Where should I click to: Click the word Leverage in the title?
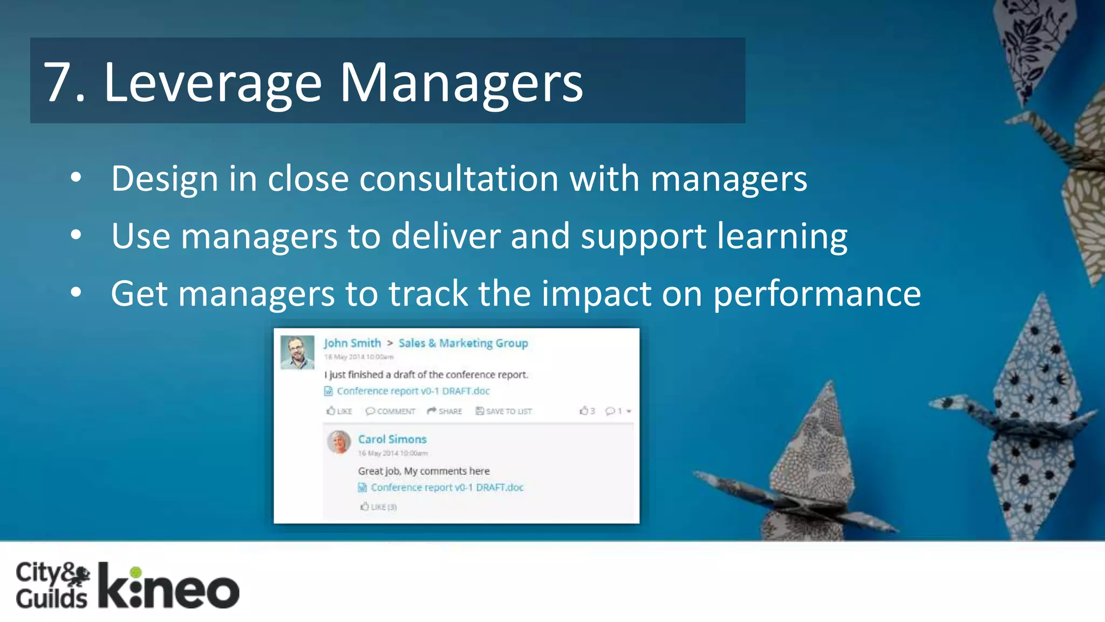point(213,84)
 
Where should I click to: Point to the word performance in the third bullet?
point(817,294)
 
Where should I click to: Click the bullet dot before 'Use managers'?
point(76,235)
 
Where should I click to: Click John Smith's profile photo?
point(297,352)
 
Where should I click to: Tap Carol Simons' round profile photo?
point(339,442)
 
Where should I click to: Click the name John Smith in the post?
point(352,343)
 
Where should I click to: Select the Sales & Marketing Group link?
point(463,343)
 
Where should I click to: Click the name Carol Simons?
point(392,439)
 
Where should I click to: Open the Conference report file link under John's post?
point(412,391)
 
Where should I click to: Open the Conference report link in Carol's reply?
point(446,487)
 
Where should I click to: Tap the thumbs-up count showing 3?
point(587,411)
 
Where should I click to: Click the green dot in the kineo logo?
point(136,572)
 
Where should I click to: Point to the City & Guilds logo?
point(52,585)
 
